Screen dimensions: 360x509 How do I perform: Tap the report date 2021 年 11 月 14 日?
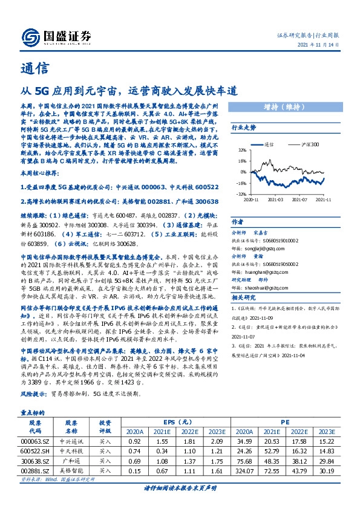tap(323, 45)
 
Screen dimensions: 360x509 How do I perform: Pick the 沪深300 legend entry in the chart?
tap(294, 145)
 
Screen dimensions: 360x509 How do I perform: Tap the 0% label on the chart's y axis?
tap(243, 172)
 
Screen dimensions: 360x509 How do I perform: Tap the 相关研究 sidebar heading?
tap(245, 298)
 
